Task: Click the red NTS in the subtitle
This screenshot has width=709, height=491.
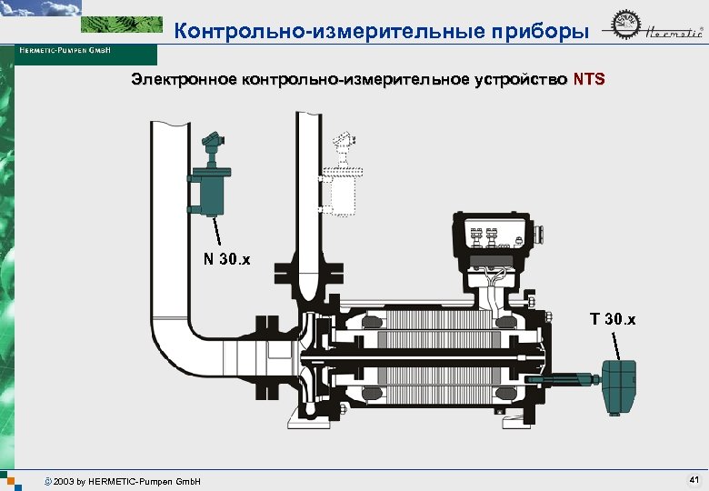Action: (588, 80)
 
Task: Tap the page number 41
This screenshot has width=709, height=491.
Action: (694, 478)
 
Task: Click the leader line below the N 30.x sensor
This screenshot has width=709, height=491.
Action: (216, 231)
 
